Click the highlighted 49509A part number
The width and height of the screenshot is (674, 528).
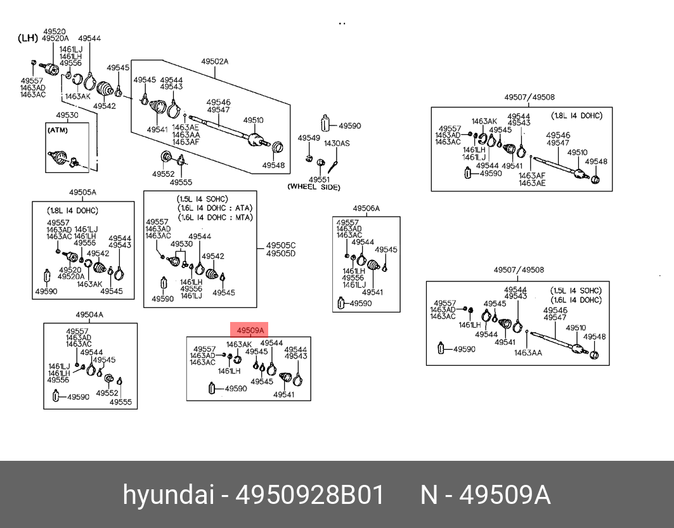point(250,330)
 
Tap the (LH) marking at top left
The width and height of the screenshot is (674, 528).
point(28,38)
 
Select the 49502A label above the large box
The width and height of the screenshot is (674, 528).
point(214,61)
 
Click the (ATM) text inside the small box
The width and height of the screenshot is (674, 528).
point(58,130)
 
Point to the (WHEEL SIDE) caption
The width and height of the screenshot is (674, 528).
point(314,187)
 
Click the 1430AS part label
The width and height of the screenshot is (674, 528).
point(337,143)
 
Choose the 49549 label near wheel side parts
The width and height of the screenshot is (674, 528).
point(309,138)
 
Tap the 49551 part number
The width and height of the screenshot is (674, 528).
point(319,179)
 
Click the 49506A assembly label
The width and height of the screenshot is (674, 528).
point(366,209)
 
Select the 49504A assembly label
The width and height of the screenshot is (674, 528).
point(89,314)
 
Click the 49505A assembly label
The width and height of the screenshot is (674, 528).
point(82,193)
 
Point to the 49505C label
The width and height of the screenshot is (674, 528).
point(281,245)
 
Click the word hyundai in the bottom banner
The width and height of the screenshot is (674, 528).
point(168,494)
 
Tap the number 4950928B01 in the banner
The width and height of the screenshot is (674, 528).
point(309,495)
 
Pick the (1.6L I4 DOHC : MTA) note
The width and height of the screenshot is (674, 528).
point(215,217)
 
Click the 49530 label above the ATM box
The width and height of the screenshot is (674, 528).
point(67,115)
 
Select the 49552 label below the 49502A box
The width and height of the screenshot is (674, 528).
point(164,174)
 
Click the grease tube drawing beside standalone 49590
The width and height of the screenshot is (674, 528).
point(325,122)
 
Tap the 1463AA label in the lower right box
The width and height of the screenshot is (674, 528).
point(528,352)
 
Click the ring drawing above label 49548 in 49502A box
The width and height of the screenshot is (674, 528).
point(278,147)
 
